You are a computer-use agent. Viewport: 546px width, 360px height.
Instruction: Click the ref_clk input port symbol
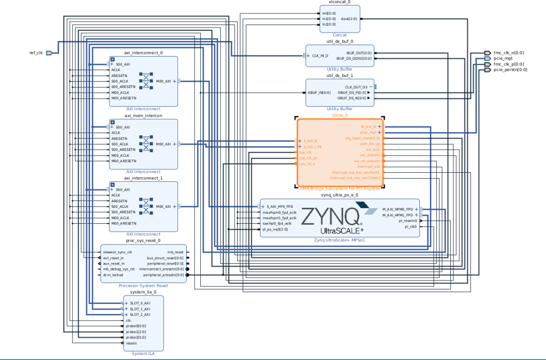(x=49, y=53)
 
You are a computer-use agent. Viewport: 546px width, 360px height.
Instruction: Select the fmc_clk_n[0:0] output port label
(x=509, y=53)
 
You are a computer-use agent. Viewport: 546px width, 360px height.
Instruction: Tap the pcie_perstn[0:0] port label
(x=510, y=70)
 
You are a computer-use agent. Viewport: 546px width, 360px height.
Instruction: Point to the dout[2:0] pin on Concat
(x=349, y=19)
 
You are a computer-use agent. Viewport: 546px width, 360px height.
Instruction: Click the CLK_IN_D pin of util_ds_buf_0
(x=320, y=56)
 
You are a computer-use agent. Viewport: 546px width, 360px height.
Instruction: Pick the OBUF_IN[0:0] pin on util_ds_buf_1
(x=319, y=93)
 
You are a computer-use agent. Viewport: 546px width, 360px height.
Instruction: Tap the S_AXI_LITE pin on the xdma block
(x=313, y=147)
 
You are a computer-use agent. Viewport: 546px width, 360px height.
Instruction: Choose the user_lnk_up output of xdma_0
(x=370, y=144)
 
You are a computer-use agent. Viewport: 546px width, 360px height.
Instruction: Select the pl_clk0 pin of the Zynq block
(x=411, y=226)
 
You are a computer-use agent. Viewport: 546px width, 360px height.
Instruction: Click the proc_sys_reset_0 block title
(x=144, y=240)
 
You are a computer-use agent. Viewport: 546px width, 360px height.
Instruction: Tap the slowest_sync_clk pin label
(x=118, y=252)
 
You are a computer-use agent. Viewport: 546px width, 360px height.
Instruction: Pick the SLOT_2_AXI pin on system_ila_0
(x=140, y=314)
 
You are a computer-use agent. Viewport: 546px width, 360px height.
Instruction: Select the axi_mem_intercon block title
(x=143, y=116)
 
